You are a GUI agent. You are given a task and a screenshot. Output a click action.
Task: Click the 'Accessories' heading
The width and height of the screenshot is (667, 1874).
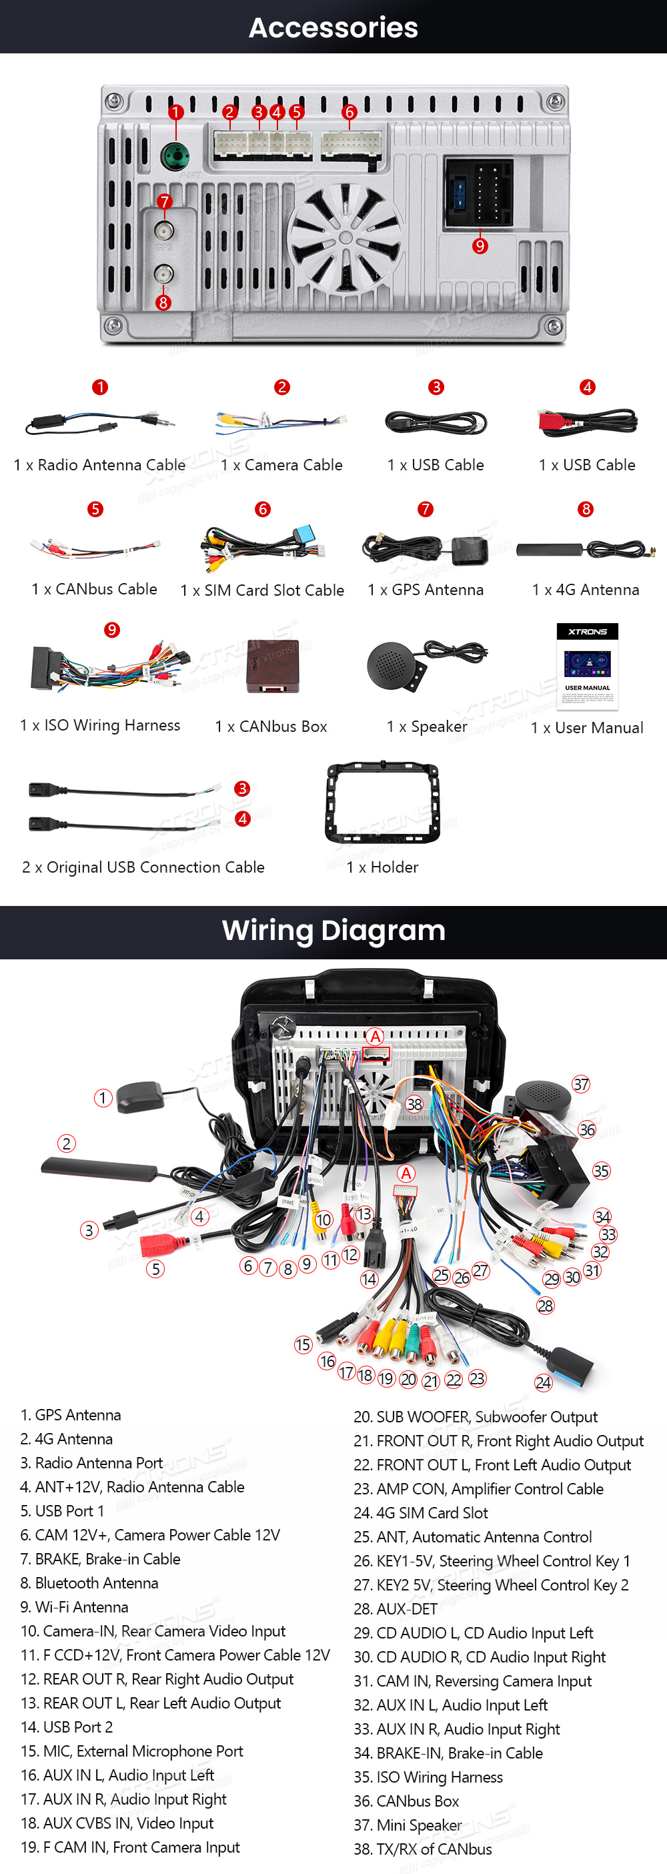333,27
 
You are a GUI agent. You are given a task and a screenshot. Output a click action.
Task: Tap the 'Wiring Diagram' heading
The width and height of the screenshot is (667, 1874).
333,931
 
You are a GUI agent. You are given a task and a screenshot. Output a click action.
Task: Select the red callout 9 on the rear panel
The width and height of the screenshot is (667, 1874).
480,246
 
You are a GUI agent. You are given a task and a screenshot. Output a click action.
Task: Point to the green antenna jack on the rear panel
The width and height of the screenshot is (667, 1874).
175,155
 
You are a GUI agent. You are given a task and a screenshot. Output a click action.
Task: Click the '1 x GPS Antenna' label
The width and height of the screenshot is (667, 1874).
426,590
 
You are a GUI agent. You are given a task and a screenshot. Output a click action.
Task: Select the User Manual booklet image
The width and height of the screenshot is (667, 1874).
588,666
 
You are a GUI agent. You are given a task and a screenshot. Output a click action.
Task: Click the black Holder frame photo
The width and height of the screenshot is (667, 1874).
383,803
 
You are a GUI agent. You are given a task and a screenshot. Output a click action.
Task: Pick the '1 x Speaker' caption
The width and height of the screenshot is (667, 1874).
427,727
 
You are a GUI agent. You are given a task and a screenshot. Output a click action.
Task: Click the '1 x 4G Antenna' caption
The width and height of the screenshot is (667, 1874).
586,590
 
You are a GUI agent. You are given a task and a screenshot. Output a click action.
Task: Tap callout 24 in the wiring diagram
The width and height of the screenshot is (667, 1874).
544,1383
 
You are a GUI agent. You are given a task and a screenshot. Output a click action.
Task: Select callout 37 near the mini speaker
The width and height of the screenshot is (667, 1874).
580,1085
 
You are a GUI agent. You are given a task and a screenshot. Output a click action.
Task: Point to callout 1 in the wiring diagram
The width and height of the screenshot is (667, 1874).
103,1097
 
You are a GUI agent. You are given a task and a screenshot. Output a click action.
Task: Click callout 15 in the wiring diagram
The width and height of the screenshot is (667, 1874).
303,1345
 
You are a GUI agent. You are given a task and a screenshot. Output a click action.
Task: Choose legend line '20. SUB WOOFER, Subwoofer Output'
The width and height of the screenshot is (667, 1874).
475,1417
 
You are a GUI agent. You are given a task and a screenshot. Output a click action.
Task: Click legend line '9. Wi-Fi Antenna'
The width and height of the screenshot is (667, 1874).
74,1607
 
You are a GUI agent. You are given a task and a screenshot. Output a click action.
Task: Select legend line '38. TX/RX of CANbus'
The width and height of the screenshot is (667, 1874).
423,1849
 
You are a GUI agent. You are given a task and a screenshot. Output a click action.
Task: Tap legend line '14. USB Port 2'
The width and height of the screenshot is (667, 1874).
67,1727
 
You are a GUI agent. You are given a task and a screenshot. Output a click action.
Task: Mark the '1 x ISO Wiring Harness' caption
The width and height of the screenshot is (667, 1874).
100,725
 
